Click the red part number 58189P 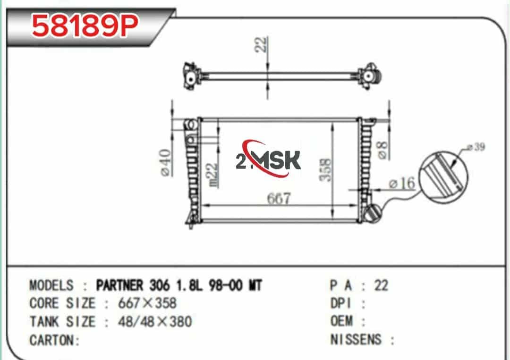coord(85,25)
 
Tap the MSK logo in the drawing coord(268,159)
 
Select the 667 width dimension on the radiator coord(279,198)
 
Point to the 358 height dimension coord(325,169)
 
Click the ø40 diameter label coord(166,162)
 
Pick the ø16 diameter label coord(402,183)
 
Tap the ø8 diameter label coord(383,150)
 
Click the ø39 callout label coord(476,147)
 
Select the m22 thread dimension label coord(212,175)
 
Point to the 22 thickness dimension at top coord(261,44)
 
